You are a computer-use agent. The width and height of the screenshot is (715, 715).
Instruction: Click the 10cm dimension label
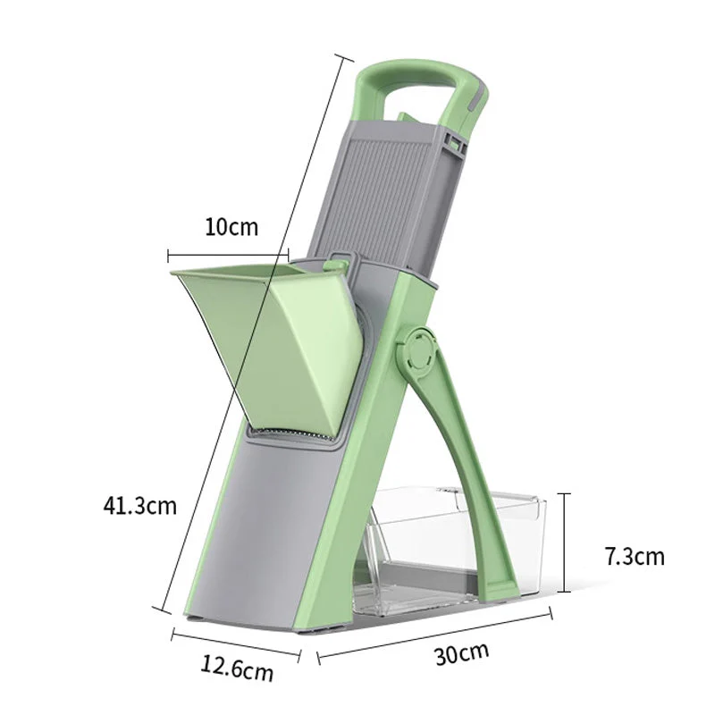231,226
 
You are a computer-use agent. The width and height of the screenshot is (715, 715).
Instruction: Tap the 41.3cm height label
139,506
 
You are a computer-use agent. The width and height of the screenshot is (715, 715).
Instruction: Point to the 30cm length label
461,652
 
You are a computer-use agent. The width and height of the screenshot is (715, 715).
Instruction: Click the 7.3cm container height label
635,557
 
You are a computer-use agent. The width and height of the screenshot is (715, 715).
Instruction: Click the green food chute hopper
268,340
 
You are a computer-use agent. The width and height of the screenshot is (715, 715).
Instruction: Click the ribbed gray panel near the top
384,188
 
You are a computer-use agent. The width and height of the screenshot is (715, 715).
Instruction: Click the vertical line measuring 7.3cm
564,541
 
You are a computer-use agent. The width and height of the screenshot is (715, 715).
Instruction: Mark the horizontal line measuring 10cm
229,252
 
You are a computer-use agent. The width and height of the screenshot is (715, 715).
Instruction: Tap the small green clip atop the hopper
338,261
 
